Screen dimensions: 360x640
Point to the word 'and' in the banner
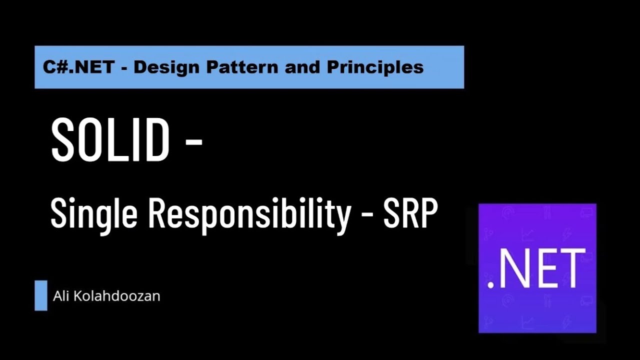tap(304, 67)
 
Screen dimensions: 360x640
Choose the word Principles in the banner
tap(375, 67)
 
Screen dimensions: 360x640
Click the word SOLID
tap(110, 141)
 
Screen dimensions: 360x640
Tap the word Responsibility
tap(248, 214)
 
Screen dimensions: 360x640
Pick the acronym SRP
tap(410, 213)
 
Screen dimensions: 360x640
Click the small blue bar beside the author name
tap(41, 295)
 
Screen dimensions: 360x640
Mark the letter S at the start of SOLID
tap(63, 141)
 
